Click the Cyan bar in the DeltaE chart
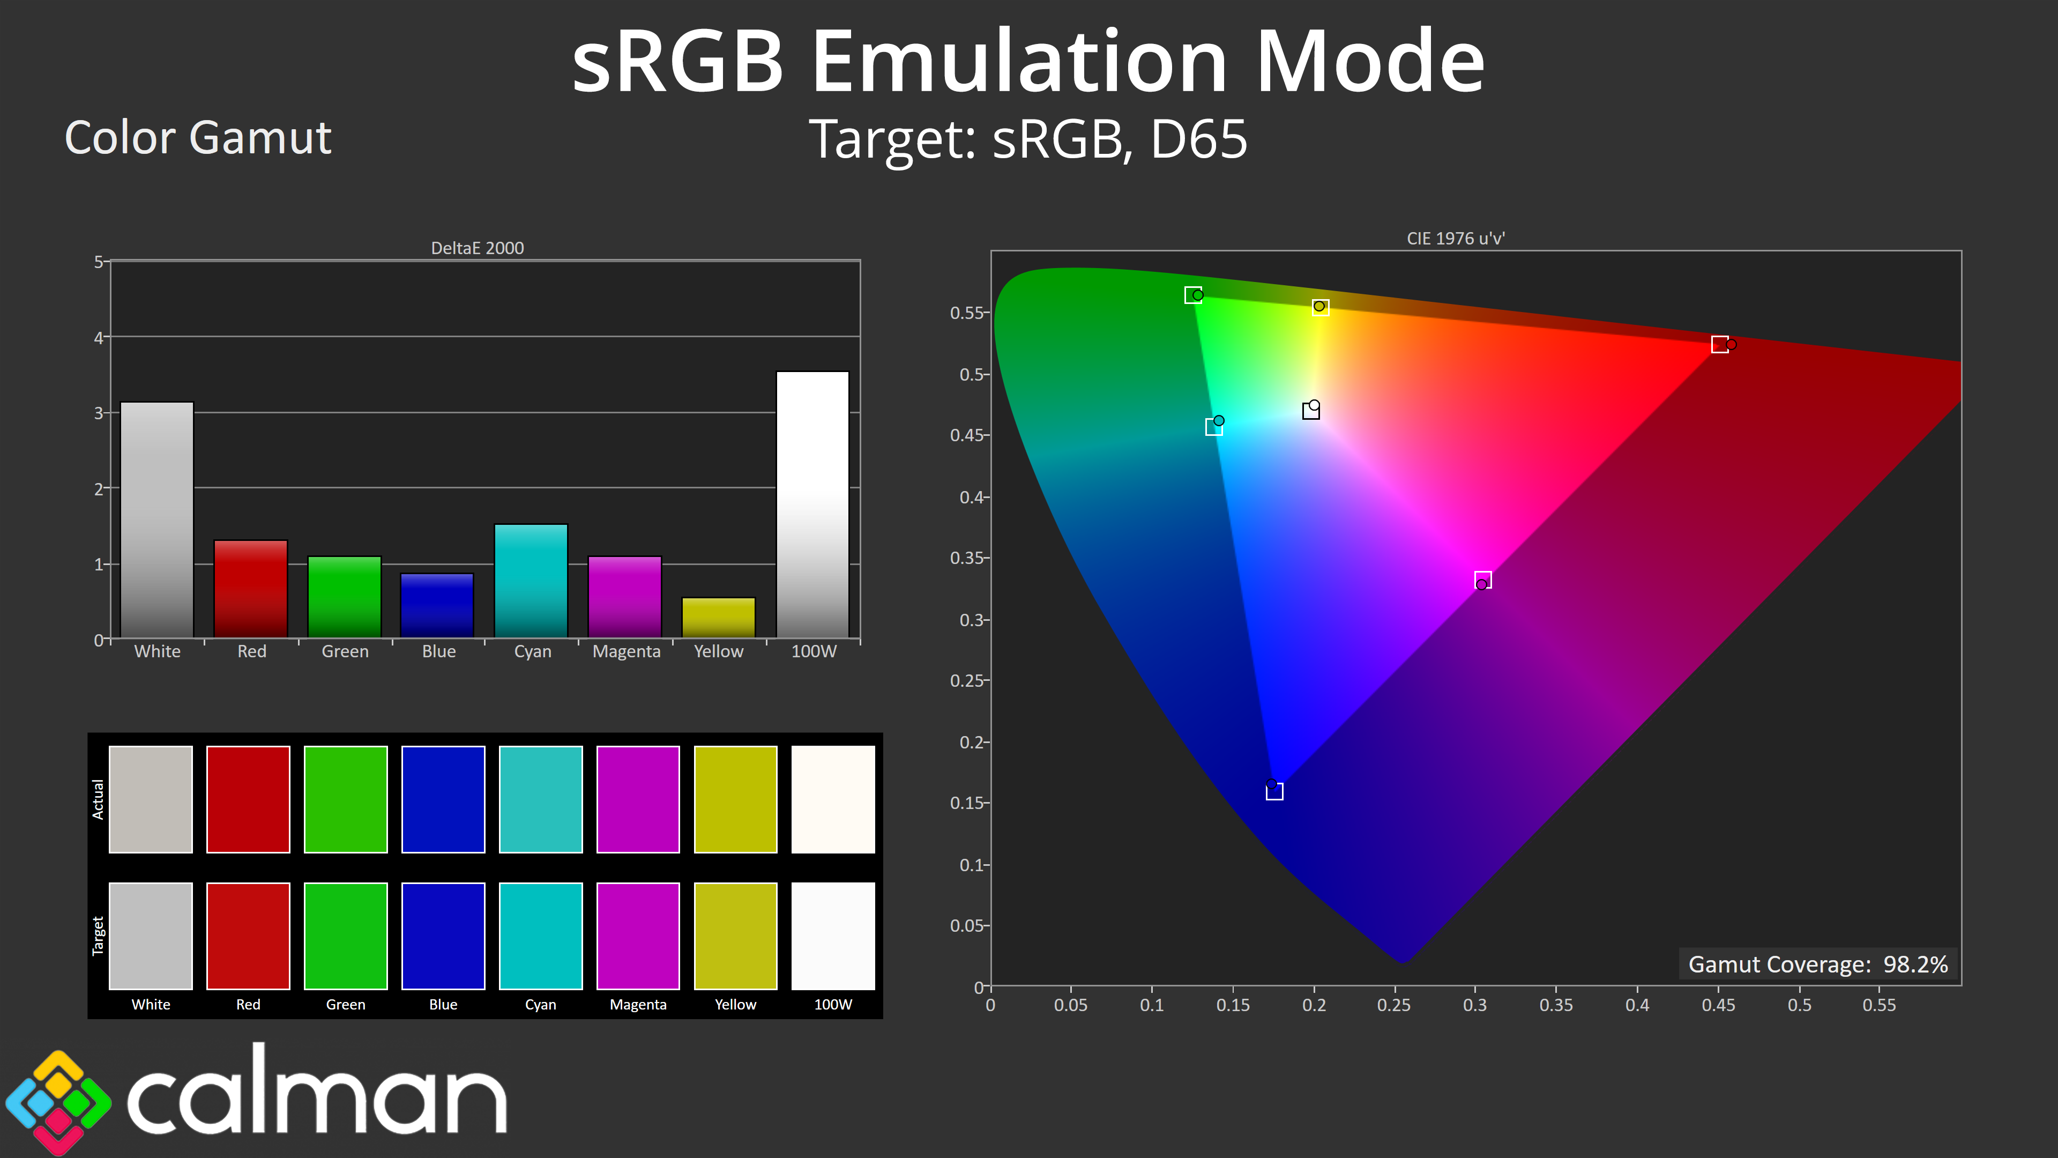click(531, 581)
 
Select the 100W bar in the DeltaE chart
click(812, 504)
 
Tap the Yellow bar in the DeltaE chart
click(718, 618)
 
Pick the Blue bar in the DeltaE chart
click(437, 606)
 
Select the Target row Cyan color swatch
click(541, 936)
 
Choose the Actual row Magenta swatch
click(638, 799)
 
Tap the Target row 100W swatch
click(833, 936)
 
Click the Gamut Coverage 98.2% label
click(1818, 964)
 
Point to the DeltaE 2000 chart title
click(478, 248)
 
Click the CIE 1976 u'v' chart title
click(1456, 238)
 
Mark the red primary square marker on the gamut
click(1720, 344)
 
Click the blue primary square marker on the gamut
click(1275, 791)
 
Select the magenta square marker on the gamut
click(1483, 580)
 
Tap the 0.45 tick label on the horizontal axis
click(1718, 1005)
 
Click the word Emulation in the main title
click(1019, 62)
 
